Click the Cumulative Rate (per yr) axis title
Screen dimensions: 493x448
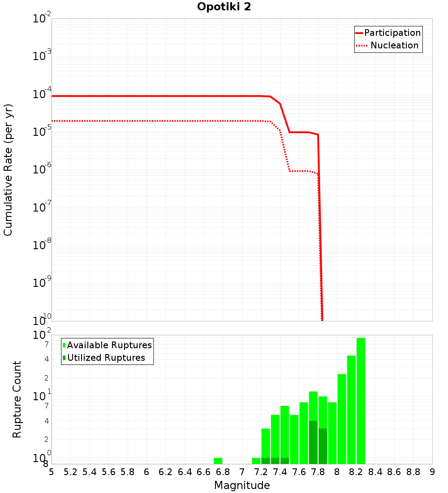[x=8, y=169]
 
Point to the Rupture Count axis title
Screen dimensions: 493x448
[x=17, y=399]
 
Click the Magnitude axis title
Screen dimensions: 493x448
[x=242, y=485]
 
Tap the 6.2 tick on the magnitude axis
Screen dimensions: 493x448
[x=166, y=472]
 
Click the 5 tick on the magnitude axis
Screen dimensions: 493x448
[x=52, y=472]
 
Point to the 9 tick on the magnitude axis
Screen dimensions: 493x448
[x=432, y=472]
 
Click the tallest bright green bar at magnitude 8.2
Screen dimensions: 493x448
[x=361, y=401]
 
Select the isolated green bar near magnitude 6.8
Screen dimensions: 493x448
[x=218, y=461]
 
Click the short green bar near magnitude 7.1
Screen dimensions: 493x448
[x=256, y=461]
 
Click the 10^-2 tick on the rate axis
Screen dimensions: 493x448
[x=42, y=19]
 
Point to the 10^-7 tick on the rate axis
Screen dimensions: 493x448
[x=42, y=208]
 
